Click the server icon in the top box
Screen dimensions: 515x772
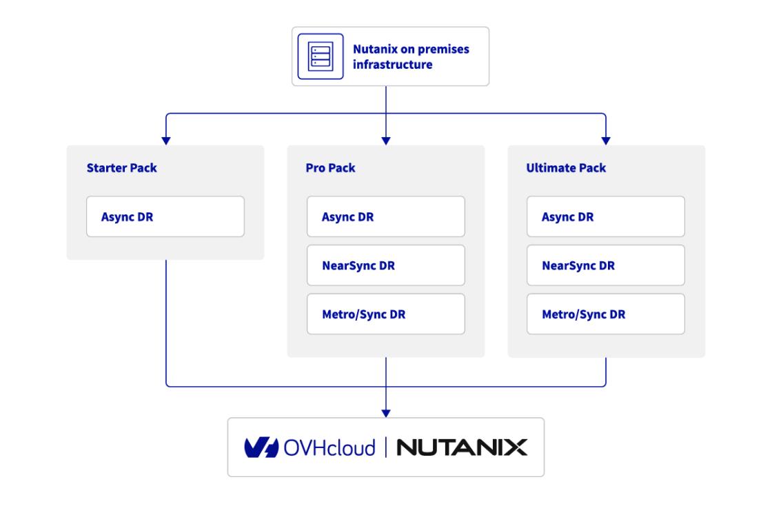(x=320, y=55)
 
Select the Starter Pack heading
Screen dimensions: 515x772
(x=121, y=168)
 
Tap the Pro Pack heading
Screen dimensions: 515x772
(x=330, y=168)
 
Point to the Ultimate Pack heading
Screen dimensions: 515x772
(x=565, y=168)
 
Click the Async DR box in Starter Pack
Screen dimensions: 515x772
(x=165, y=216)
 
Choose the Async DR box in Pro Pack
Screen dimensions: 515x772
(x=385, y=216)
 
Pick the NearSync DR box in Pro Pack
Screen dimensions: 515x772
(x=385, y=265)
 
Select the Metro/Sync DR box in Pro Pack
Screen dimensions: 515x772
(x=385, y=314)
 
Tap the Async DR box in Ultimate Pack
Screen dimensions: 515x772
(x=605, y=216)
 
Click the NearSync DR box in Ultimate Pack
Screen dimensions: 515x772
(x=605, y=265)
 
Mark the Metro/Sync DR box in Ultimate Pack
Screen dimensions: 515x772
(x=605, y=314)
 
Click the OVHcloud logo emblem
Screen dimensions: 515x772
(x=261, y=447)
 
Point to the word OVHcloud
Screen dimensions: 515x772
(x=330, y=447)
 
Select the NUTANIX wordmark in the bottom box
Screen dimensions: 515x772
(x=461, y=447)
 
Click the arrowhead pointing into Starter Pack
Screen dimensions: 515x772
(x=165, y=141)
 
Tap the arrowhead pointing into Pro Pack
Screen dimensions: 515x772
(x=386, y=141)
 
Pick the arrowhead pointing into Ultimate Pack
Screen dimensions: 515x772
(x=606, y=141)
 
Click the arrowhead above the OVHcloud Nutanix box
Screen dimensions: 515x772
(x=386, y=413)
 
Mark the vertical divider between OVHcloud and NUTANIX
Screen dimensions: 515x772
(x=386, y=447)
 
